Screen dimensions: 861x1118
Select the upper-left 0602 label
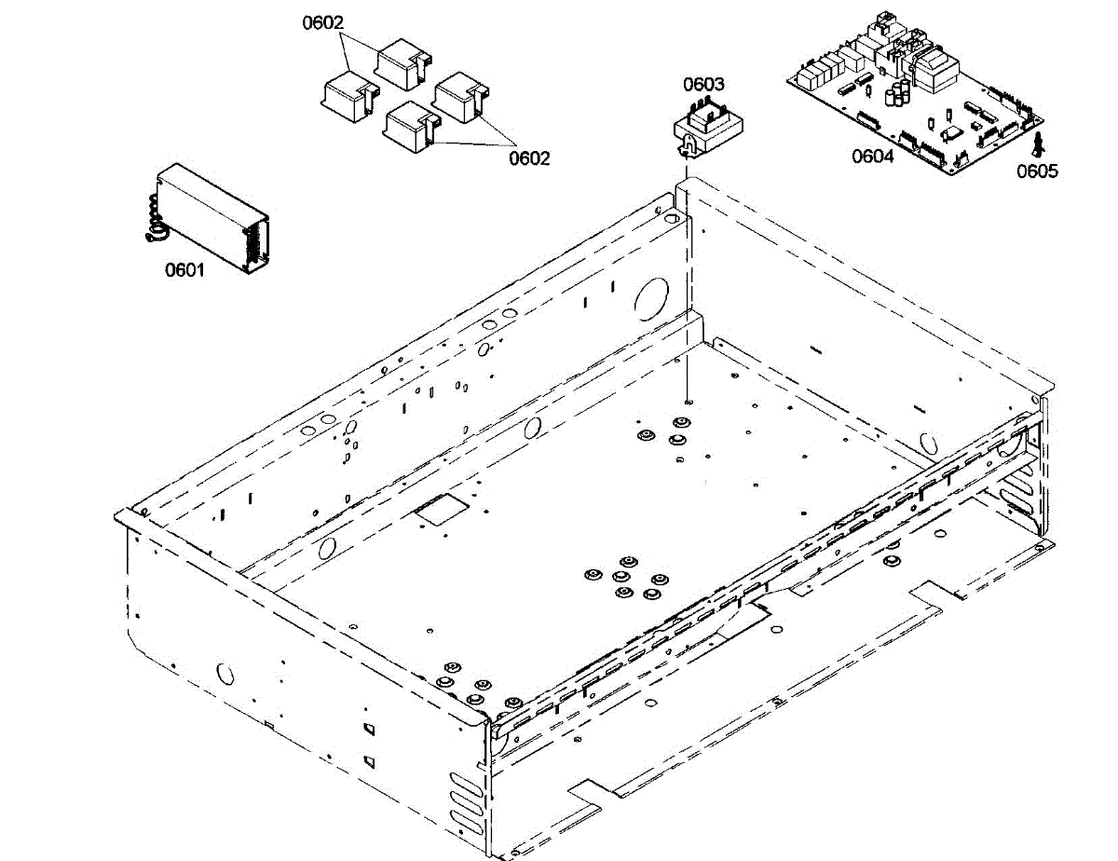[324, 22]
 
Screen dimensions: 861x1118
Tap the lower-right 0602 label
[529, 158]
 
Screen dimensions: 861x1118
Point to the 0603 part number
[703, 85]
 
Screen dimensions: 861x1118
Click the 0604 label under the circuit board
[873, 157]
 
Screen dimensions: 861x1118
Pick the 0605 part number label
[1037, 171]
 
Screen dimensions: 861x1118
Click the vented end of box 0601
[253, 243]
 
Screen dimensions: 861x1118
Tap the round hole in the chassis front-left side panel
[225, 672]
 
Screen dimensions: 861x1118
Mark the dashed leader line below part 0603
[687, 280]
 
